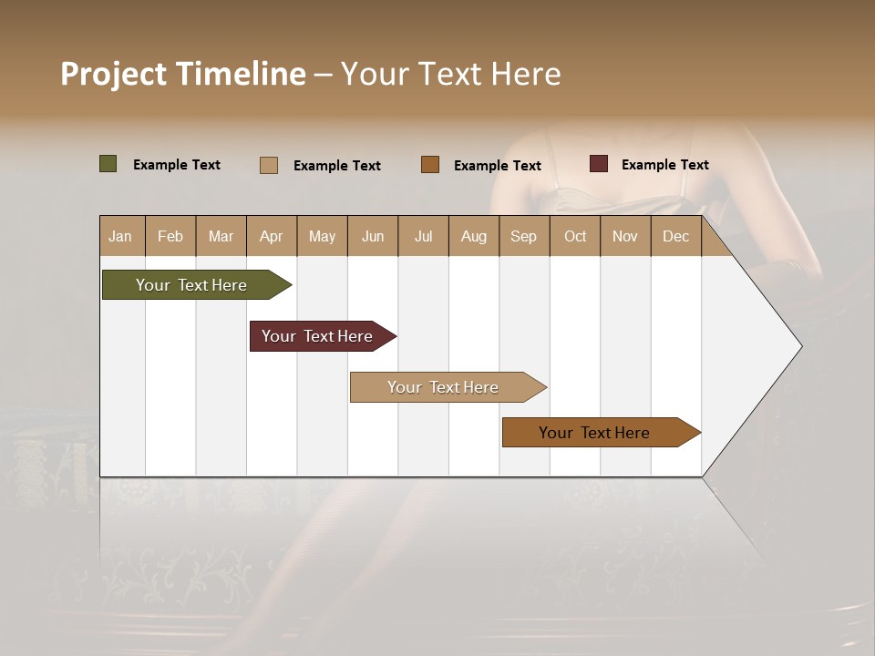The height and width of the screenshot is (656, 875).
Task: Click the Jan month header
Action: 121,236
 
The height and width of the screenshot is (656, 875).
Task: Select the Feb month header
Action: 170,236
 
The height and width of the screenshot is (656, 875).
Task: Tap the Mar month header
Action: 221,236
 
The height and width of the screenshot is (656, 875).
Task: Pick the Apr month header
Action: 272,236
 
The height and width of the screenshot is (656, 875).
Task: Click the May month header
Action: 322,236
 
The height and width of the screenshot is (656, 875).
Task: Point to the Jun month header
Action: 373,236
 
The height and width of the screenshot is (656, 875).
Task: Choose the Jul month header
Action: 423,236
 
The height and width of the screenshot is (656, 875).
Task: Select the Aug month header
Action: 474,236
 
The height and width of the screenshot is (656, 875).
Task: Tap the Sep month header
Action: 524,236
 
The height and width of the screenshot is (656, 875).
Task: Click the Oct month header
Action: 575,236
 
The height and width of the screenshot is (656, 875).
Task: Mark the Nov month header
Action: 625,236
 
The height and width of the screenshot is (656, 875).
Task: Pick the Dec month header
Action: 676,236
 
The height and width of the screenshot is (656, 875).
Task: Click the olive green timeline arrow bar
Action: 192,285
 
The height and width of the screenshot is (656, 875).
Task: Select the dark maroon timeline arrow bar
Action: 318,336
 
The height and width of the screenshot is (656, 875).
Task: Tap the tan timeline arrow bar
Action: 444,387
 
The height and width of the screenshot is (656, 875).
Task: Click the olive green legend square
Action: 108,164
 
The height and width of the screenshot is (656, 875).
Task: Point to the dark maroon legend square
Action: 599,164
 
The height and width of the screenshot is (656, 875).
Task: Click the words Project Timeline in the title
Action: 183,74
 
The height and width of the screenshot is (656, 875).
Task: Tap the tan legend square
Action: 269,165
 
